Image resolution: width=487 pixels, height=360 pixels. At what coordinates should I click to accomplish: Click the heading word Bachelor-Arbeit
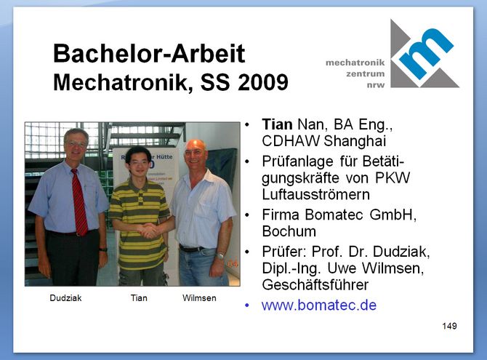coord(149,54)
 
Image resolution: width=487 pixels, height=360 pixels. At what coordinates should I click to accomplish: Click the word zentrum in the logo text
coord(365,73)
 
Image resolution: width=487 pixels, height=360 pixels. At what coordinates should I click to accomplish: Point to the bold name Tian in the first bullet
coord(277,124)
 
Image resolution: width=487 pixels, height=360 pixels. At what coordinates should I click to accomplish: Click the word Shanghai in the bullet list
coord(355,141)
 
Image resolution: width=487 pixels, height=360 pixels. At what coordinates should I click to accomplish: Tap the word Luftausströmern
coord(316,195)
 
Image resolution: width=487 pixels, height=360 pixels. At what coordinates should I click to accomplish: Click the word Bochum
coord(289,231)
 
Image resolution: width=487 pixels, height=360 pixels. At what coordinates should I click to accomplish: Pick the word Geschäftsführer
coord(315,285)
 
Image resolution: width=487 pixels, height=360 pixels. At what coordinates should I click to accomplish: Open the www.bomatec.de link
coord(319,305)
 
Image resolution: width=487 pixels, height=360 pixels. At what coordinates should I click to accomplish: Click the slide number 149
coord(449,326)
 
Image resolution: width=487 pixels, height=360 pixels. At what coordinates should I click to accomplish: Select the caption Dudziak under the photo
coord(65,298)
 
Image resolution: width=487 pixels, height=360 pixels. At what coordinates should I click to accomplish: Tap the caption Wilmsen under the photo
coord(199,298)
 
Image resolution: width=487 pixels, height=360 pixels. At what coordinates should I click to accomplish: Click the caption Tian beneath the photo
coord(139,298)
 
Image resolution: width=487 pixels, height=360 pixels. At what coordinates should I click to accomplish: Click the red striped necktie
coord(79,202)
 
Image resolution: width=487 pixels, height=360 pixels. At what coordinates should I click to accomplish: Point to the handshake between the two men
coord(148,231)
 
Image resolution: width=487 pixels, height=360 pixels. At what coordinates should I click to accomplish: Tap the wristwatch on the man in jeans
coord(220,255)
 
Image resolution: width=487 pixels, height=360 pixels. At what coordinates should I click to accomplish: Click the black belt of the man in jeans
coord(191,249)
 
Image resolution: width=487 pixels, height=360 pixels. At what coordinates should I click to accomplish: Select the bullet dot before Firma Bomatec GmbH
coord(247,215)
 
